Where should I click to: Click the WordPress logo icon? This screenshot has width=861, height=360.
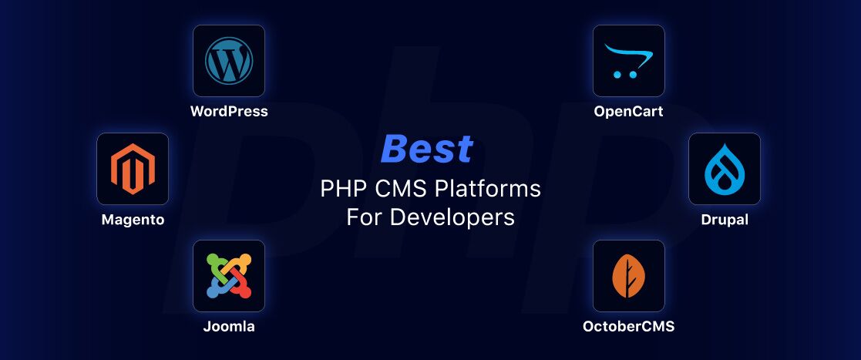(x=228, y=60)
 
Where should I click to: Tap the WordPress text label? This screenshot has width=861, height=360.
(x=229, y=112)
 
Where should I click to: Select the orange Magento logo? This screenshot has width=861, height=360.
(x=133, y=169)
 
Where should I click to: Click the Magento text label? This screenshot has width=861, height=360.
(x=133, y=220)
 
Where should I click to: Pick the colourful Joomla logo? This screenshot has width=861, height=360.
(x=228, y=276)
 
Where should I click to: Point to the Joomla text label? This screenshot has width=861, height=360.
(x=229, y=327)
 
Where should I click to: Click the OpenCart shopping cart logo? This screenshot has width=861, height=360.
(x=628, y=60)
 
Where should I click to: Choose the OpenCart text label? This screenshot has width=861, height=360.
(x=629, y=112)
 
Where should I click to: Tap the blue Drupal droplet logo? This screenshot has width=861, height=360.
(x=725, y=169)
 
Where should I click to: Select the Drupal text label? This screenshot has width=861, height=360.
(x=725, y=220)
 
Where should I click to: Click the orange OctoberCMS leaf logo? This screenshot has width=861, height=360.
(x=629, y=276)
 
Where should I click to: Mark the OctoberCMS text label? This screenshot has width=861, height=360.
(x=629, y=327)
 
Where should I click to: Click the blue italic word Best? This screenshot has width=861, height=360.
(x=427, y=148)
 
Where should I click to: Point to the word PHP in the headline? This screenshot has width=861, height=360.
(x=337, y=190)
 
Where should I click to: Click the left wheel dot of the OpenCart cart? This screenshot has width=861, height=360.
(x=617, y=74)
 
